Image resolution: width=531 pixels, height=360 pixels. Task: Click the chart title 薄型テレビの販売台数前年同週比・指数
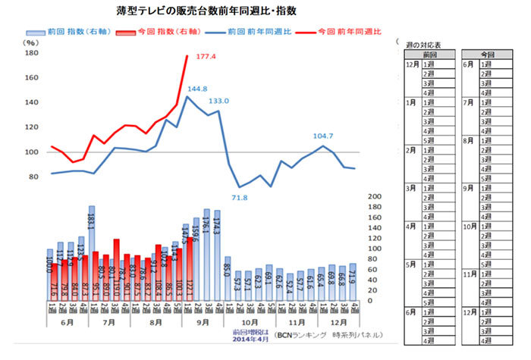click(x=196, y=11)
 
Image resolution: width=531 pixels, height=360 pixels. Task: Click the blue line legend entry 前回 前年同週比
click(x=257, y=33)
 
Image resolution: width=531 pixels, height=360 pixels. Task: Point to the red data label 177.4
click(x=206, y=57)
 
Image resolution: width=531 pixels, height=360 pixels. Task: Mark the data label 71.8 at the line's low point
click(x=240, y=198)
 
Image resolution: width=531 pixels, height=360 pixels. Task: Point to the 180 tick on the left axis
click(x=32, y=54)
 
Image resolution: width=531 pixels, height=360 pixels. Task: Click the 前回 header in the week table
click(x=430, y=55)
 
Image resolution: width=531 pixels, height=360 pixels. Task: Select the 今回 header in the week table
click(x=489, y=55)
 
